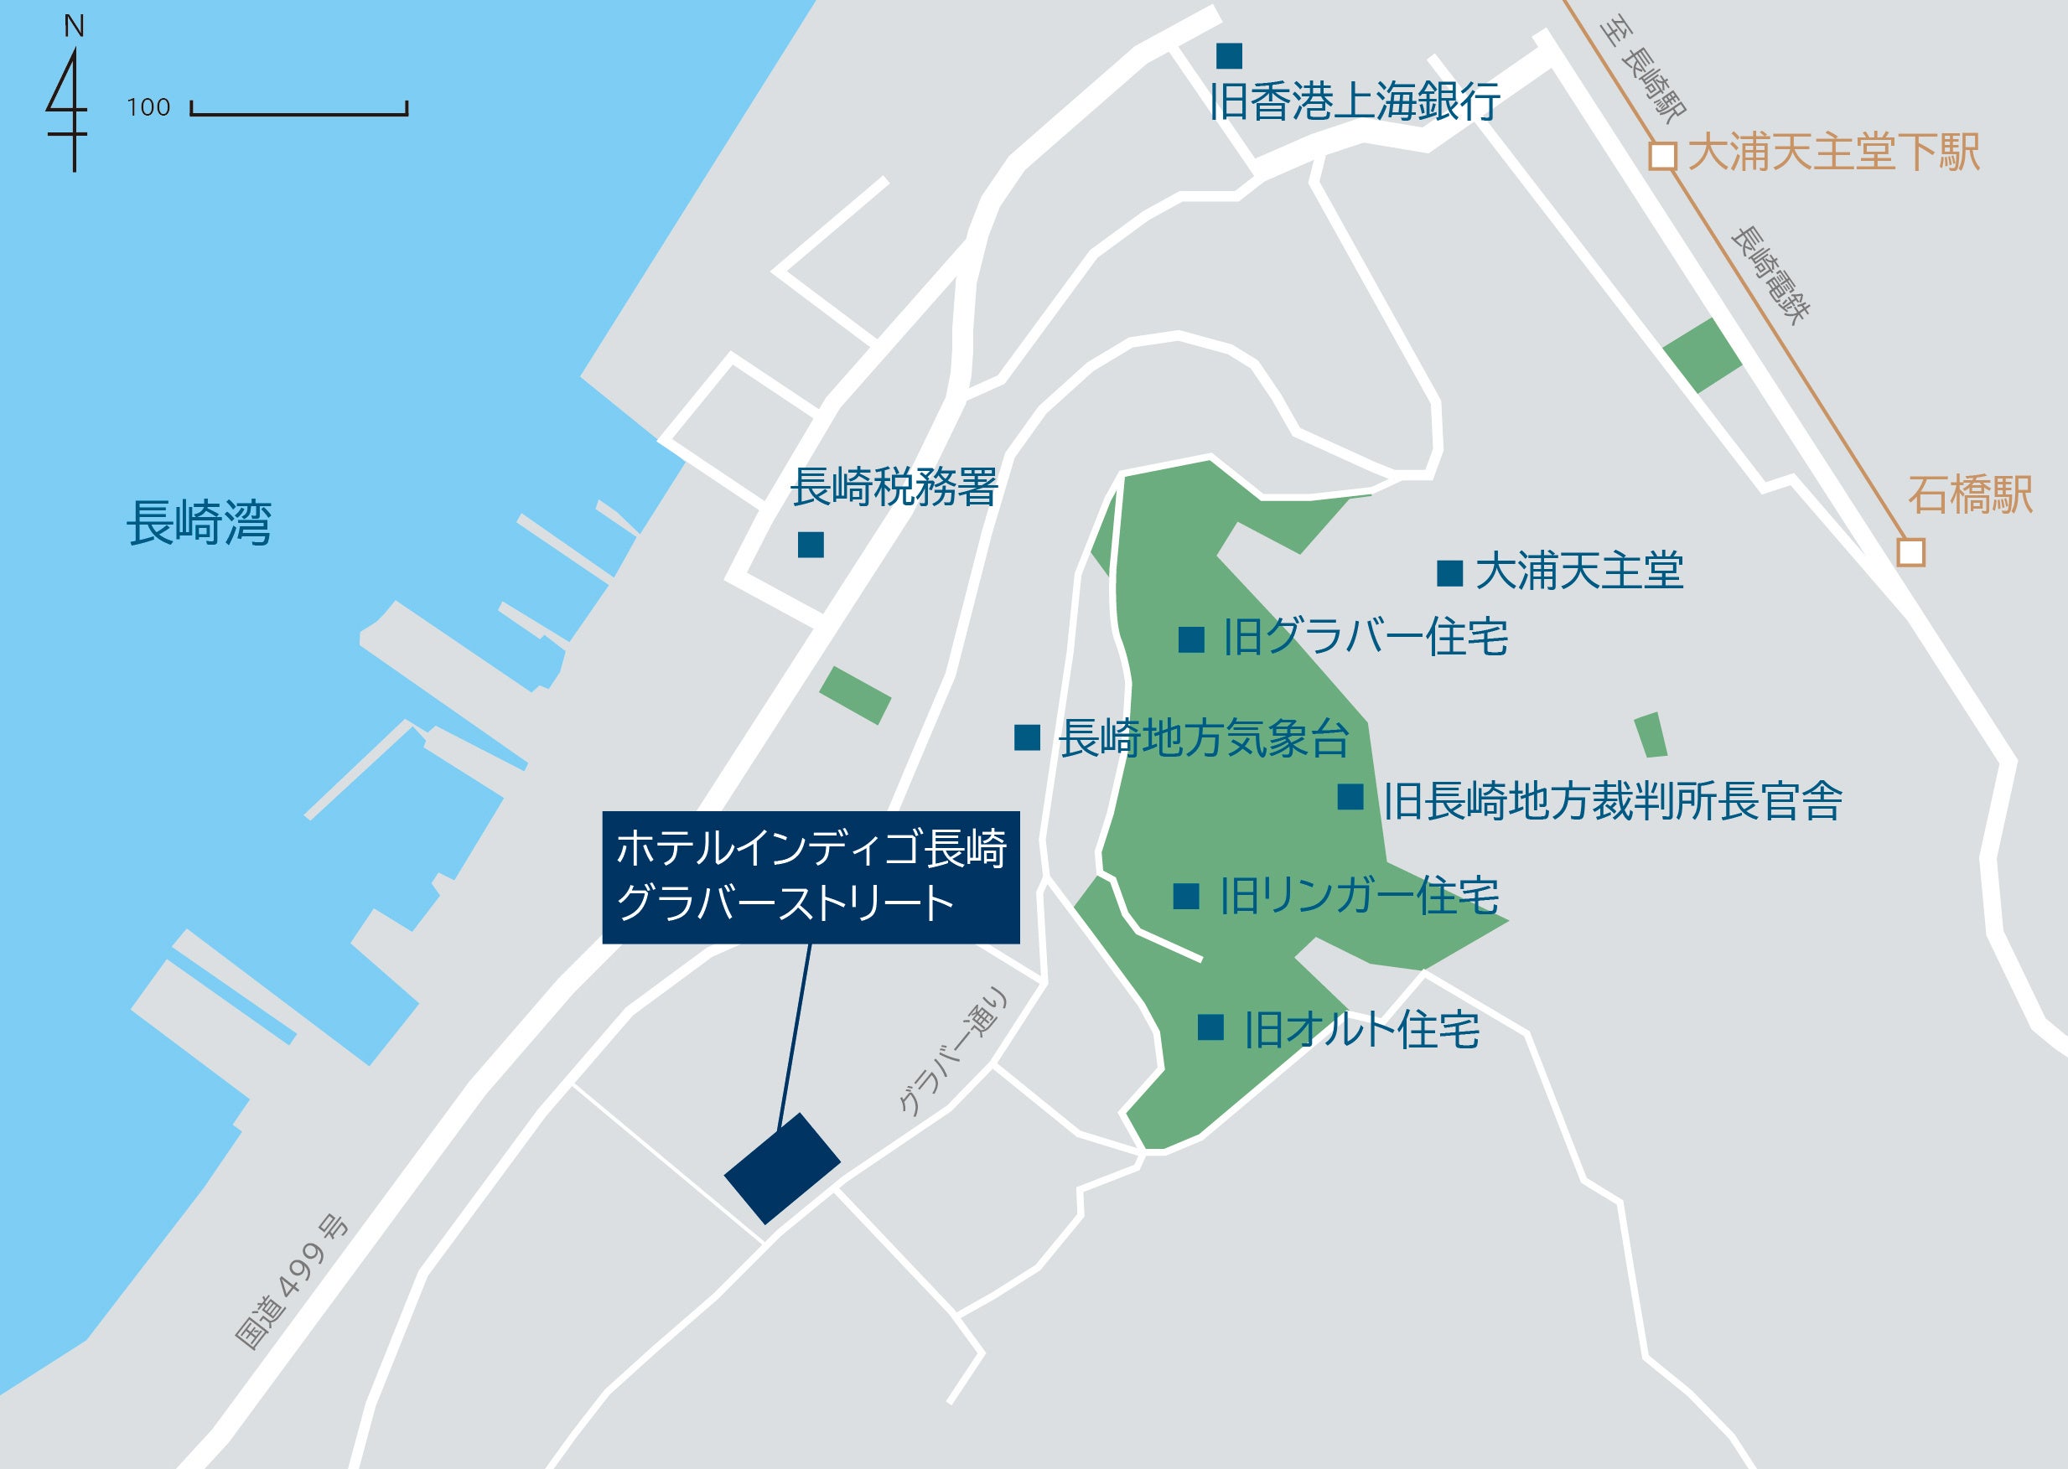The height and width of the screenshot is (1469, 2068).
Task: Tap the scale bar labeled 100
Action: [298, 110]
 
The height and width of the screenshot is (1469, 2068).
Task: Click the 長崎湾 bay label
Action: [199, 523]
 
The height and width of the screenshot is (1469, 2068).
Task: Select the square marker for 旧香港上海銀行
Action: [1229, 56]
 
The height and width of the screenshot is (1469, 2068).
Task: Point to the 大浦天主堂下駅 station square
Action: [1661, 156]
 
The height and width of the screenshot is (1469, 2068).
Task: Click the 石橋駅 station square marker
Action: [1910, 551]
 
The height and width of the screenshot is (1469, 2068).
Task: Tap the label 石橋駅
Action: [1970, 494]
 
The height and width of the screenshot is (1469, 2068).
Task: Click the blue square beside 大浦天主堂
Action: [1449, 572]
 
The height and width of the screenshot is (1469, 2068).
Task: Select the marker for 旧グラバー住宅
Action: [1191, 639]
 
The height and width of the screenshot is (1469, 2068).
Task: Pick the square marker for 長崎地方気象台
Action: [1027, 737]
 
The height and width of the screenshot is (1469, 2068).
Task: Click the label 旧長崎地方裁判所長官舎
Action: [1612, 800]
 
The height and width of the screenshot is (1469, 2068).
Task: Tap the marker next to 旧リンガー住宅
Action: [1186, 896]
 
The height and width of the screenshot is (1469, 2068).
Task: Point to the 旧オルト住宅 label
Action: [1361, 1029]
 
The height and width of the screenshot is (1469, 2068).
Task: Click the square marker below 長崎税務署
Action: [811, 545]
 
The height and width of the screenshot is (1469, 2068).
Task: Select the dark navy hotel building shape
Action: [782, 1168]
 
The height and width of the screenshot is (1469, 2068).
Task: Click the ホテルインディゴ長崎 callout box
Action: [811, 877]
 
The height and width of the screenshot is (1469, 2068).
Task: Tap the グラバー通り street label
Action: [951, 1052]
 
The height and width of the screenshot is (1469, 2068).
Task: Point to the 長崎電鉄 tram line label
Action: [1770, 274]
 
